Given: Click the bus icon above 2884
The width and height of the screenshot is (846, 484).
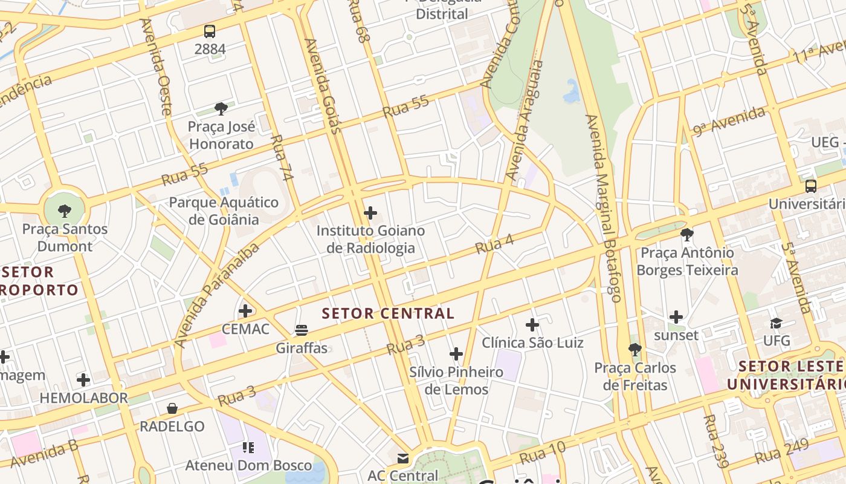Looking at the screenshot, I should click(210, 31).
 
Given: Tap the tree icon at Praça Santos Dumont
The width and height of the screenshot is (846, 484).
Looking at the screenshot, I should click(65, 211).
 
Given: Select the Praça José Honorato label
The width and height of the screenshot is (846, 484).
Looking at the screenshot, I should click(222, 135).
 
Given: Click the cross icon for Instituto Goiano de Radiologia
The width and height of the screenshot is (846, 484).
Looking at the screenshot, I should click(370, 213).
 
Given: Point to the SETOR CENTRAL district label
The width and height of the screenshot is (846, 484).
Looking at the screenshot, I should click(388, 313).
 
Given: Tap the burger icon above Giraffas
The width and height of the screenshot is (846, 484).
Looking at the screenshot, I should click(302, 330).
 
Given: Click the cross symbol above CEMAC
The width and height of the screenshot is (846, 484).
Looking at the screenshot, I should click(245, 311).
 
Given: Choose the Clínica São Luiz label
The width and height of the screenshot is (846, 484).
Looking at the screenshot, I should click(532, 342).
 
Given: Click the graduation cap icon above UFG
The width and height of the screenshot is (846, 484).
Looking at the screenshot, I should click(776, 323).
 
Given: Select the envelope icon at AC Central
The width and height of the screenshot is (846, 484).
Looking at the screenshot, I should click(403, 458).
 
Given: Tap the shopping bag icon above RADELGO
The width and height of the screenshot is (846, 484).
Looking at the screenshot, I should click(172, 408).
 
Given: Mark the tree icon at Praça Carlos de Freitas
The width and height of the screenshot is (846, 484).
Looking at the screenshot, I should click(634, 349).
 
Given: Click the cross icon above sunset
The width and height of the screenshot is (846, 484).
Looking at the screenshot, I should click(676, 317).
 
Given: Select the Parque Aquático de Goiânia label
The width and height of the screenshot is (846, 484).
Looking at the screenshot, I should click(224, 211).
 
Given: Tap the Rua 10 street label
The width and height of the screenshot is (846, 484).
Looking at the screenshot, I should click(542, 453).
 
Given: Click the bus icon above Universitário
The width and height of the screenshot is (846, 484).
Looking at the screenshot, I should click(811, 186).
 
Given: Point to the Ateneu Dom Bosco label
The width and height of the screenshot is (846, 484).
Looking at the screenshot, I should click(248, 465).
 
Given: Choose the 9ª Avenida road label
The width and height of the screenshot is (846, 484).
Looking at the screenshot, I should click(729, 120).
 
